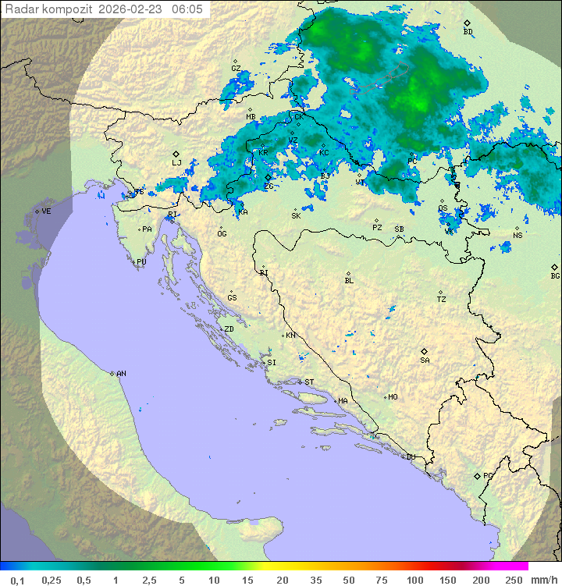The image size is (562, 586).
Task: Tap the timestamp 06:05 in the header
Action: click(x=187, y=9)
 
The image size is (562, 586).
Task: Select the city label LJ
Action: click(x=176, y=163)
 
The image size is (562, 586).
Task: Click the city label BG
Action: click(x=555, y=276)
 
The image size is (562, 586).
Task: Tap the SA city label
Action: click(x=425, y=360)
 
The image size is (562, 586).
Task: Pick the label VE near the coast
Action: click(x=46, y=211)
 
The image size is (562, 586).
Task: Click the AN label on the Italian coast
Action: click(x=121, y=374)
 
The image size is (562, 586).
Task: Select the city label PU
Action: click(x=141, y=262)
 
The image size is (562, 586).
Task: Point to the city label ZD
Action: click(x=229, y=329)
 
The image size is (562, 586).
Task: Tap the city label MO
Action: click(x=393, y=397)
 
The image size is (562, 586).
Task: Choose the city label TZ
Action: click(x=442, y=300)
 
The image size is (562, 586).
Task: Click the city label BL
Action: click(x=349, y=281)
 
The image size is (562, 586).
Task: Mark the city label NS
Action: click(x=518, y=236)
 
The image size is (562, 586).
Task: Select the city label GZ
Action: click(x=236, y=69)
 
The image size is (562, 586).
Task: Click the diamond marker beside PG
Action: click(x=477, y=476)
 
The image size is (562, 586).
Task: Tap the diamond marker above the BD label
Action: click(x=467, y=23)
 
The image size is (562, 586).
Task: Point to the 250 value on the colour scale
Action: click(x=514, y=581)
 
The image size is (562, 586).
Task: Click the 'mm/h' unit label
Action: click(x=543, y=581)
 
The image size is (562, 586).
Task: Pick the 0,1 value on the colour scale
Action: click(x=16, y=581)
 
